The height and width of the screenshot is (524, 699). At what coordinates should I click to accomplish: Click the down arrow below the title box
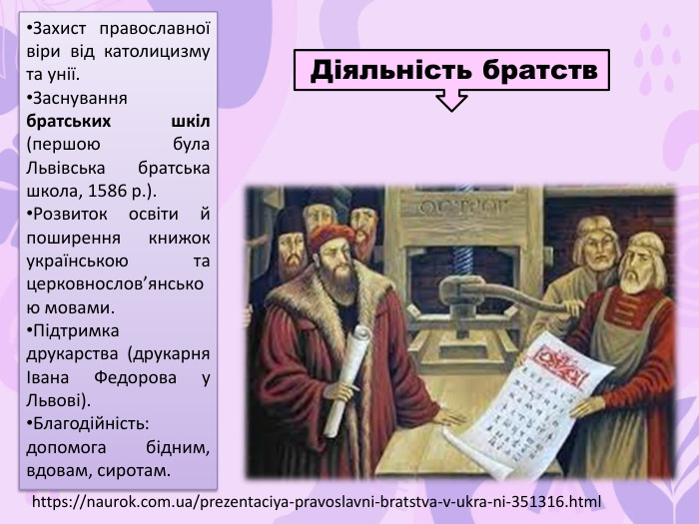click(x=451, y=99)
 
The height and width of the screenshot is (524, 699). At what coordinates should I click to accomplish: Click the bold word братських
click(x=69, y=121)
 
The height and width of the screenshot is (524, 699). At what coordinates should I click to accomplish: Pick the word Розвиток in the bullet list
click(x=69, y=214)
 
